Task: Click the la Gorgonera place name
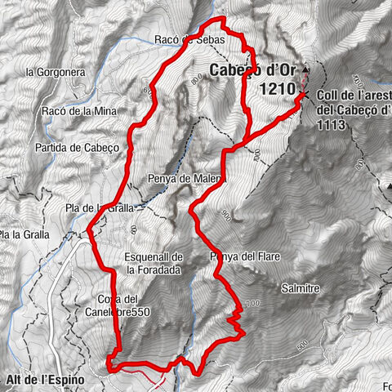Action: (54, 72)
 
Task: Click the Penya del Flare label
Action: (245, 257)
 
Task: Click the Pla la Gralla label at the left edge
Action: (24, 235)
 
